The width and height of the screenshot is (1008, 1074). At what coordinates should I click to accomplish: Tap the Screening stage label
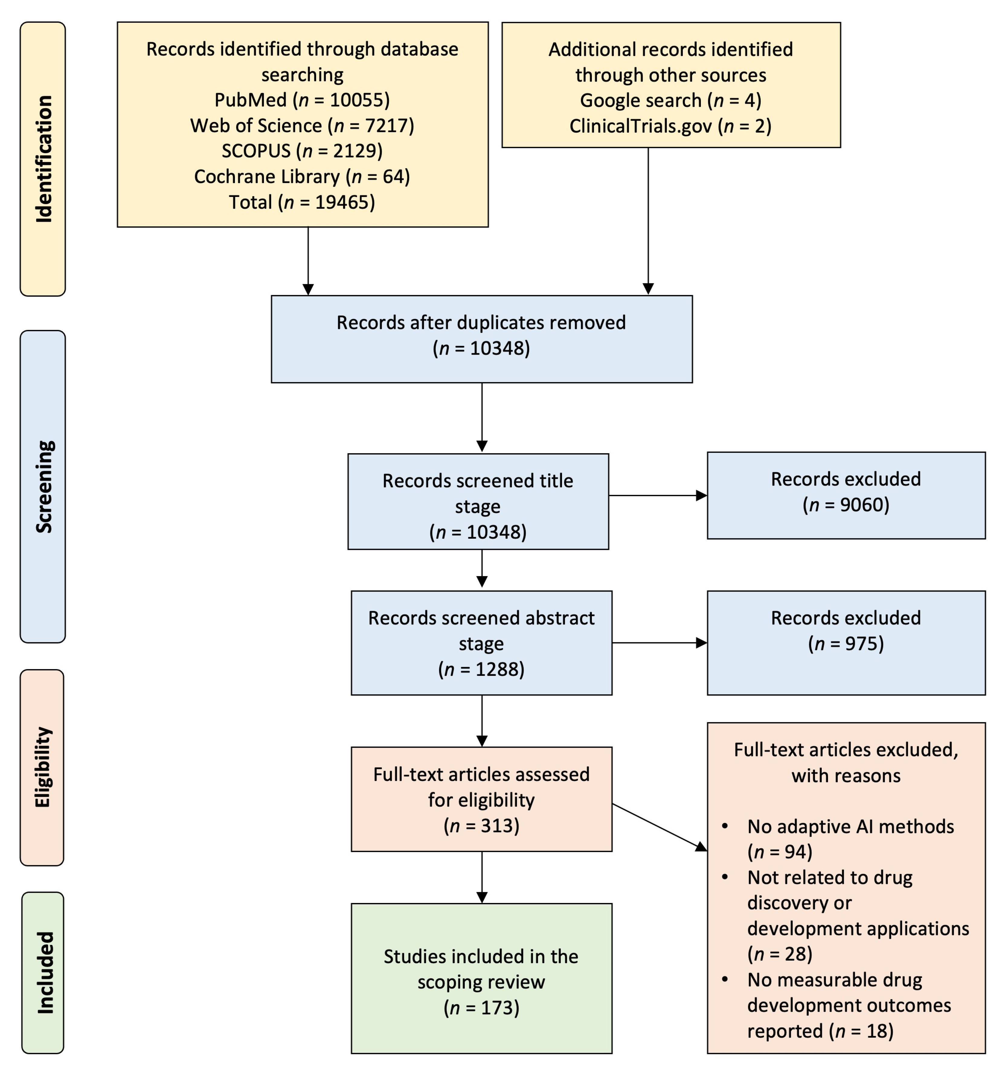pos(43,486)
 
